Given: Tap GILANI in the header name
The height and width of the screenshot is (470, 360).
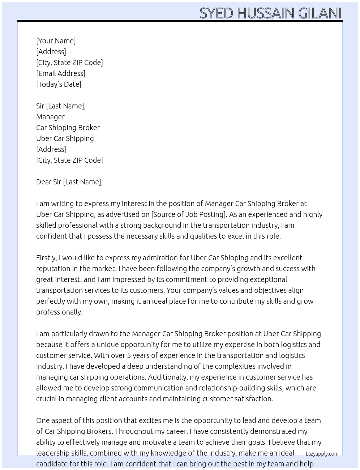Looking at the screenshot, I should tap(320, 13).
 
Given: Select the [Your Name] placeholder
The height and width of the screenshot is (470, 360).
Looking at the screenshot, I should tap(56, 41).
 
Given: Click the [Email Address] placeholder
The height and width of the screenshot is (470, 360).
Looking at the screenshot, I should tap(61, 73).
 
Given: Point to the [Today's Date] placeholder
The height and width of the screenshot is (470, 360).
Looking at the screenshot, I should tap(59, 84).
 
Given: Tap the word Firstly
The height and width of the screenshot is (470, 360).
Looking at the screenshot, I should tap(46, 258).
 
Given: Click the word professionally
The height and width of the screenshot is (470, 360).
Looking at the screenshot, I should tap(59, 312).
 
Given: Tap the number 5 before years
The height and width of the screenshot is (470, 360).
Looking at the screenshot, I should tap(129, 355).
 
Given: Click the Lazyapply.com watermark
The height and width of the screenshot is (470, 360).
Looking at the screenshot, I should tap(322, 454).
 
